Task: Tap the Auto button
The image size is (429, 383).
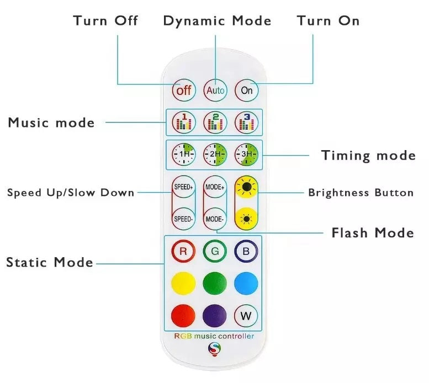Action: pyautogui.click(x=215, y=90)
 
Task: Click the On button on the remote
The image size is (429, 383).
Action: pyautogui.click(x=246, y=90)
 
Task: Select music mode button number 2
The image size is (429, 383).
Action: pyautogui.click(x=215, y=122)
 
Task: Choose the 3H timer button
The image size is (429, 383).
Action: pyautogui.click(x=246, y=155)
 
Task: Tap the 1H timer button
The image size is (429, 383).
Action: pyautogui.click(x=183, y=155)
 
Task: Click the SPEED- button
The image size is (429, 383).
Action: pyautogui.click(x=183, y=219)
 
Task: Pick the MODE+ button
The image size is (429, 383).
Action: pyautogui.click(x=215, y=187)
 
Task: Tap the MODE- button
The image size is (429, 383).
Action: pyautogui.click(x=215, y=219)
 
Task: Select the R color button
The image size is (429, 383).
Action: pyautogui.click(x=183, y=252)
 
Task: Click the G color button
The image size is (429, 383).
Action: pyautogui.click(x=215, y=252)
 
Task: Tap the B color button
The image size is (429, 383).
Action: pyautogui.click(x=246, y=252)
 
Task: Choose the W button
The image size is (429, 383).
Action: pyautogui.click(x=246, y=316)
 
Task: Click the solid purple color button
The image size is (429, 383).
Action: pyautogui.click(x=215, y=316)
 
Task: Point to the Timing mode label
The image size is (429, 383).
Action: pyautogui.click(x=368, y=156)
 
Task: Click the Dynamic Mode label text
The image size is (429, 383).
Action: pyautogui.click(x=217, y=22)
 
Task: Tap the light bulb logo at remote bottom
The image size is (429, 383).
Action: pyautogui.click(x=214, y=349)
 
